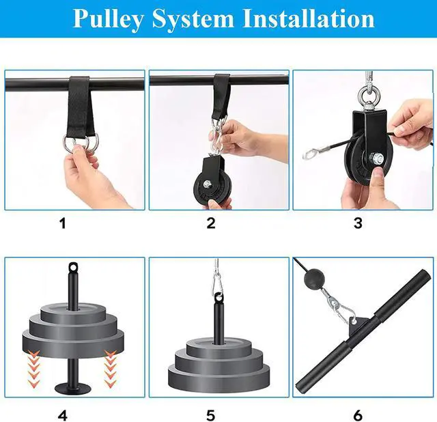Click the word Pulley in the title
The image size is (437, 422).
click(x=109, y=19)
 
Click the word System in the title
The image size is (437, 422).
click(x=193, y=19)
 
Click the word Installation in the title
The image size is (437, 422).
click(x=309, y=18)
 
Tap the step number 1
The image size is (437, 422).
click(x=63, y=223)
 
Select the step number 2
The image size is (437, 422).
click(x=211, y=223)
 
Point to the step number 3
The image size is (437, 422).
click(x=358, y=223)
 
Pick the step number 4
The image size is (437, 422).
click(x=63, y=416)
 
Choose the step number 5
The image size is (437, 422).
click(x=211, y=416)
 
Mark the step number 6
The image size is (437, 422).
click(x=358, y=416)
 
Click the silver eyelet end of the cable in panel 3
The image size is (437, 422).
click(x=310, y=154)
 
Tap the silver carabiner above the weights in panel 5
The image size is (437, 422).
click(x=218, y=282)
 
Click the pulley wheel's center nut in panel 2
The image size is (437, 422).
click(x=207, y=184)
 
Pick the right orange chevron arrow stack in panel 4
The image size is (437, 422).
click(x=111, y=369)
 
